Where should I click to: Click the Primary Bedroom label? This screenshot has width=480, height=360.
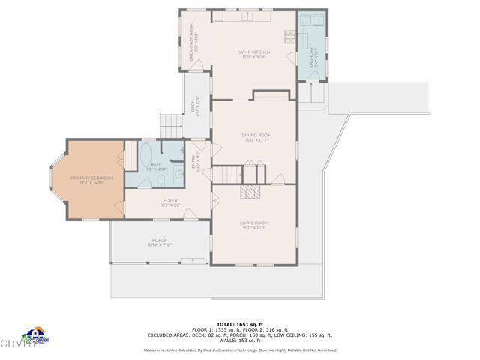tap(91, 178)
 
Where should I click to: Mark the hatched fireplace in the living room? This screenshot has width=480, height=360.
tap(249, 191)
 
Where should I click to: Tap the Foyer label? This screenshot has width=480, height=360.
tap(169, 202)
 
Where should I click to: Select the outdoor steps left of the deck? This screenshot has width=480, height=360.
tap(172, 124)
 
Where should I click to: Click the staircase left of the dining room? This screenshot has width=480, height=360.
tap(226, 175)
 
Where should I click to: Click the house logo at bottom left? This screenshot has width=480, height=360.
tap(34, 335)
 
